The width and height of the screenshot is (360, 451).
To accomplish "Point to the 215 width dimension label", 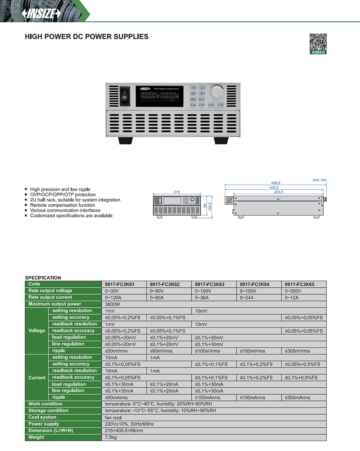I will click(177, 192).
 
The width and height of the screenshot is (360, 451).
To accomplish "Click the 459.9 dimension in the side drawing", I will click(276, 183).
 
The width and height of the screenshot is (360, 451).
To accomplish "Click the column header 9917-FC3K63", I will click(209, 284).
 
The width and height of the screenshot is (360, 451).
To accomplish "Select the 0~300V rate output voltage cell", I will click(293, 291).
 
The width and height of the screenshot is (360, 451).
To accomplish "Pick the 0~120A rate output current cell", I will click(114, 297).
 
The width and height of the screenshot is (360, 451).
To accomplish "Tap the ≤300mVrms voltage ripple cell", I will click(297, 351).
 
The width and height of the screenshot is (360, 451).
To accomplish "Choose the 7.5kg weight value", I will click(111, 437).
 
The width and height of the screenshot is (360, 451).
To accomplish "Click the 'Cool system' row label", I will click(42, 417).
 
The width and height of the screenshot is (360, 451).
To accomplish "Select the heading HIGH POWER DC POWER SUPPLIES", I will click(86, 37).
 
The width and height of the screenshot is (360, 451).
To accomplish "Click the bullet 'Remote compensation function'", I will click(62, 205).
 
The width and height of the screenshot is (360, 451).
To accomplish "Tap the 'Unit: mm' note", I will click(319, 180).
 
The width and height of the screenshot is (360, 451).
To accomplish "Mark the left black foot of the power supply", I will click(125, 140).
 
